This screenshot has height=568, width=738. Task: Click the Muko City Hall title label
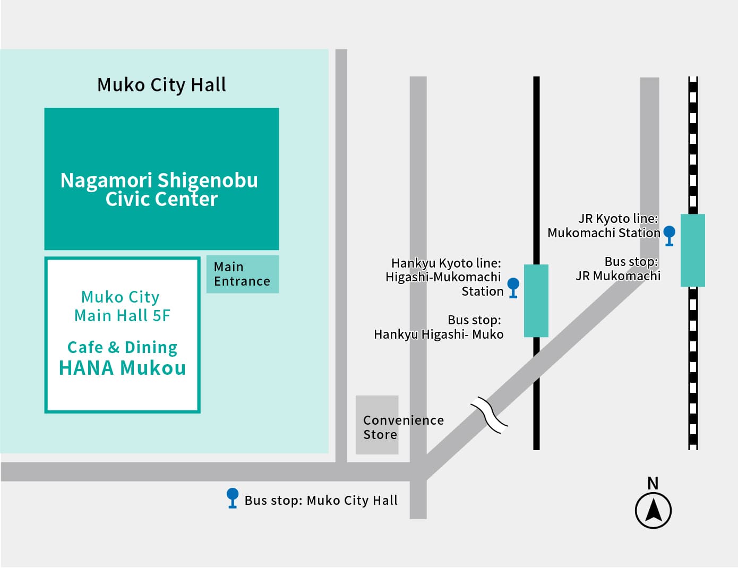[161, 85]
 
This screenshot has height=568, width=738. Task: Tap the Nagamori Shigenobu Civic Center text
[159, 190]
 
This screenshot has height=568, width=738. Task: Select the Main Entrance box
[242, 274]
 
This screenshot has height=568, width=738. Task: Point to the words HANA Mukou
[122, 368]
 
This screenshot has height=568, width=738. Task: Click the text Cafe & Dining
[122, 347]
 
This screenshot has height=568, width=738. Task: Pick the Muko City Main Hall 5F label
[122, 306]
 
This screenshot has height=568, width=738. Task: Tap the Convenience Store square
[377, 425]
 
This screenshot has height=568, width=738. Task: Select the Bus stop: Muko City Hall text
[321, 500]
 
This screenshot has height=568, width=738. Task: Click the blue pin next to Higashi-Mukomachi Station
[513, 287]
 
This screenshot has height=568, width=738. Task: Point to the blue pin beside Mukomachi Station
[669, 235]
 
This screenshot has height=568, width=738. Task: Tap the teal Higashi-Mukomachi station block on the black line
[536, 300]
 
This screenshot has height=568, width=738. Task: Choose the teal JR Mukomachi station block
[692, 250]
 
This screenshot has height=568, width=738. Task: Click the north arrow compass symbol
[653, 511]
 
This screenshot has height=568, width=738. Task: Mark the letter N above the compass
[653, 483]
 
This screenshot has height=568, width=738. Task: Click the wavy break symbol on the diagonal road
[489, 414]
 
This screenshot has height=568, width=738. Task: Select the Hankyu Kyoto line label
[446, 263]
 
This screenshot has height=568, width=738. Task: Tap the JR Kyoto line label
[618, 219]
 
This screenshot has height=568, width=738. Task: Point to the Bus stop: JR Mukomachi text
[618, 269]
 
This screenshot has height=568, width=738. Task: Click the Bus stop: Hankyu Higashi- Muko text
[439, 327]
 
